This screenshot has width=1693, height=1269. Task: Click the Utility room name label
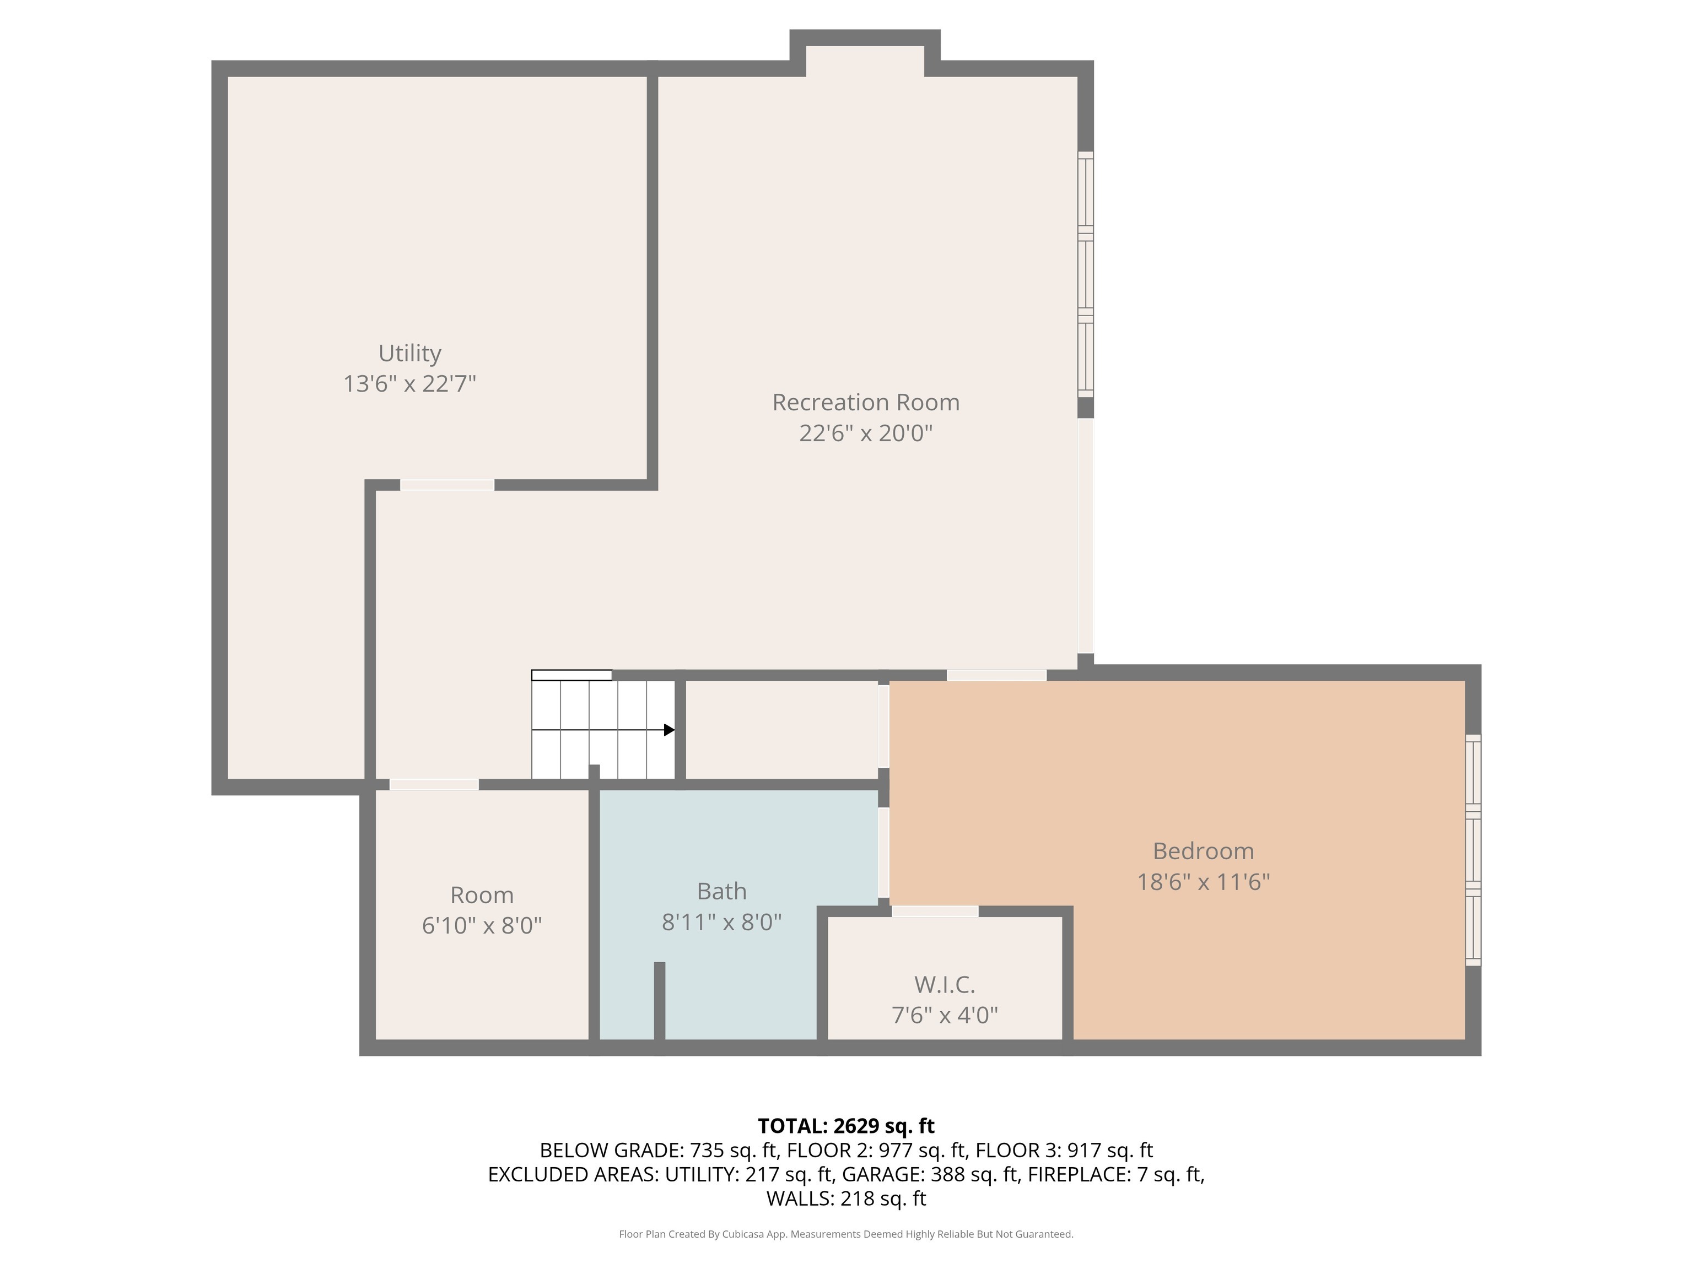tap(409, 354)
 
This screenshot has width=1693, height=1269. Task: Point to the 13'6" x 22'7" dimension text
tap(409, 383)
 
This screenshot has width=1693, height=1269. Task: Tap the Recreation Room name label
tap(866, 403)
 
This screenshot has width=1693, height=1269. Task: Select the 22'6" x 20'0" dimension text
tap(866, 433)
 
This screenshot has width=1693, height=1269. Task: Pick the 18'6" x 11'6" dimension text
tap(1203, 882)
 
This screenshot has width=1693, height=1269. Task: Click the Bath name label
tap(722, 891)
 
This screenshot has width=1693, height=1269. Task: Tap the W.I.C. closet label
tap(945, 984)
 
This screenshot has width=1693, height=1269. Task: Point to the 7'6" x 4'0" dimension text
tap(945, 1015)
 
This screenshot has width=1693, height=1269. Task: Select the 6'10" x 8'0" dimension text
tap(482, 925)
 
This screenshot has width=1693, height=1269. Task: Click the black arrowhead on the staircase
tap(669, 730)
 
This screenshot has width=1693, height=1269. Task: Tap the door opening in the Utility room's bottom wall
tap(447, 485)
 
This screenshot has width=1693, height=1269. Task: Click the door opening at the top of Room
tap(434, 784)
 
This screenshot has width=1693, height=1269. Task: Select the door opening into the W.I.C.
tap(935, 911)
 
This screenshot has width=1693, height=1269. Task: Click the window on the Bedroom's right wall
tap(1473, 850)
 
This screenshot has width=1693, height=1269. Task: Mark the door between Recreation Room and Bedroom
tap(996, 675)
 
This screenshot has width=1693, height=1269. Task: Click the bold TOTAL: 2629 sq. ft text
tap(846, 1126)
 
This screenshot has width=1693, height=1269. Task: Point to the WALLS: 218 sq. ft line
tap(846, 1198)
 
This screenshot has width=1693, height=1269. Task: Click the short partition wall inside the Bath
tap(660, 1001)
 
